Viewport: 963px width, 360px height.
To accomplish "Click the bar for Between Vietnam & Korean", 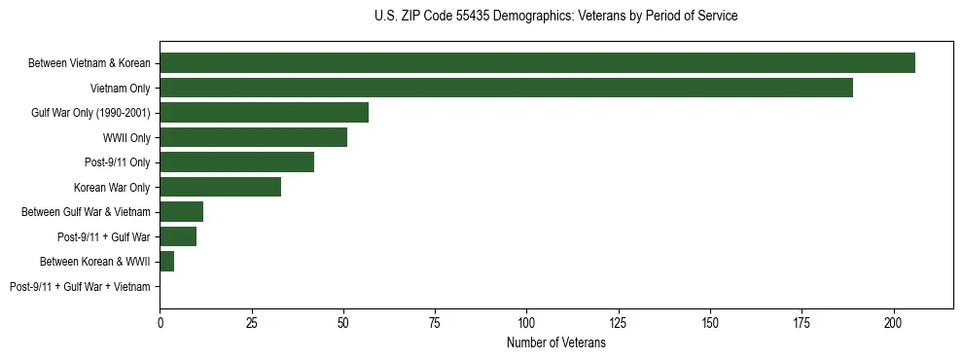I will [537, 62].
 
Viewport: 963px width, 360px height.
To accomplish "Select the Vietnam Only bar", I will [506, 88].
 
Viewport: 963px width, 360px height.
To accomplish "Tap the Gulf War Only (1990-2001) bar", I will [264, 112].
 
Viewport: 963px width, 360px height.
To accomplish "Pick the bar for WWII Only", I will [253, 137].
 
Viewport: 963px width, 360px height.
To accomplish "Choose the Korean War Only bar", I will [220, 187].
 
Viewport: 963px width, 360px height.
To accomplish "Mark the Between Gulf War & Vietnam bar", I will [181, 211].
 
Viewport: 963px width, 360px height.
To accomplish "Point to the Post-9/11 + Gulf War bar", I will [178, 236].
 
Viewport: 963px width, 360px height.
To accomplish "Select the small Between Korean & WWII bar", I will [166, 262].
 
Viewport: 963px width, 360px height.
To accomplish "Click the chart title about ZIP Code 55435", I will [555, 17].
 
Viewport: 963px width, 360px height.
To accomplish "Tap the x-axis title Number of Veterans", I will [555, 343].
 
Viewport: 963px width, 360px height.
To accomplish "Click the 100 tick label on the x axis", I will [526, 322].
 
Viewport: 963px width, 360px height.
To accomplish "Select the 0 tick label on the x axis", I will [160, 322].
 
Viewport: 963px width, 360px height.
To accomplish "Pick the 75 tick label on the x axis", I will [435, 322].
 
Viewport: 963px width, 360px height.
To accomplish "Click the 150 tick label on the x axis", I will [710, 322].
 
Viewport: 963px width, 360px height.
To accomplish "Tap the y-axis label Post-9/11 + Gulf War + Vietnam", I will [80, 287].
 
